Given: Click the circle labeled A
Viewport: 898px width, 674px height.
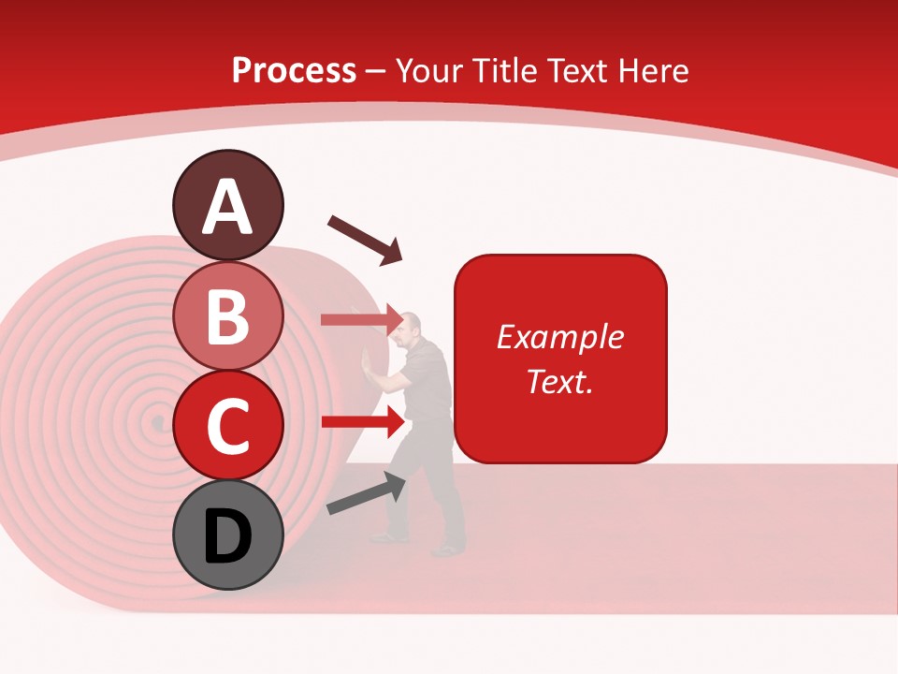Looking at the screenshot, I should coord(228,205).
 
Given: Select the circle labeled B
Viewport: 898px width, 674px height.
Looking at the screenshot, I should coord(228,315).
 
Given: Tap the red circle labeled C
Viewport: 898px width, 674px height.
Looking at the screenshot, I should coord(228,425).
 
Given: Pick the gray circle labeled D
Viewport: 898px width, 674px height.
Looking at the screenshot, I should coord(228,535).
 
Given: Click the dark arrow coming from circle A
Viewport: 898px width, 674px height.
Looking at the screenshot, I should coord(364,238).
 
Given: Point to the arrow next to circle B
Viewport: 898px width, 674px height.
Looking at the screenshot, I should coord(360,320).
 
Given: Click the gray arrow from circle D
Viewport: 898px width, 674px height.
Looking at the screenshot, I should coord(366,493).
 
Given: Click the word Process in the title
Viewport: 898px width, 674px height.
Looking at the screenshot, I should coord(294,70).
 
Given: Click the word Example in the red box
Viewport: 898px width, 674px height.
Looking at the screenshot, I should coord(559,337).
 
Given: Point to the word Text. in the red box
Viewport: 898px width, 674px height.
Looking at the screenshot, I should coord(559,381).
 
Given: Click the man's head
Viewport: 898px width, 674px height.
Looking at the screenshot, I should coord(411,327).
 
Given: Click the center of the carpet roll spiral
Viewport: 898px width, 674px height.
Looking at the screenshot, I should coord(157,423).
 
